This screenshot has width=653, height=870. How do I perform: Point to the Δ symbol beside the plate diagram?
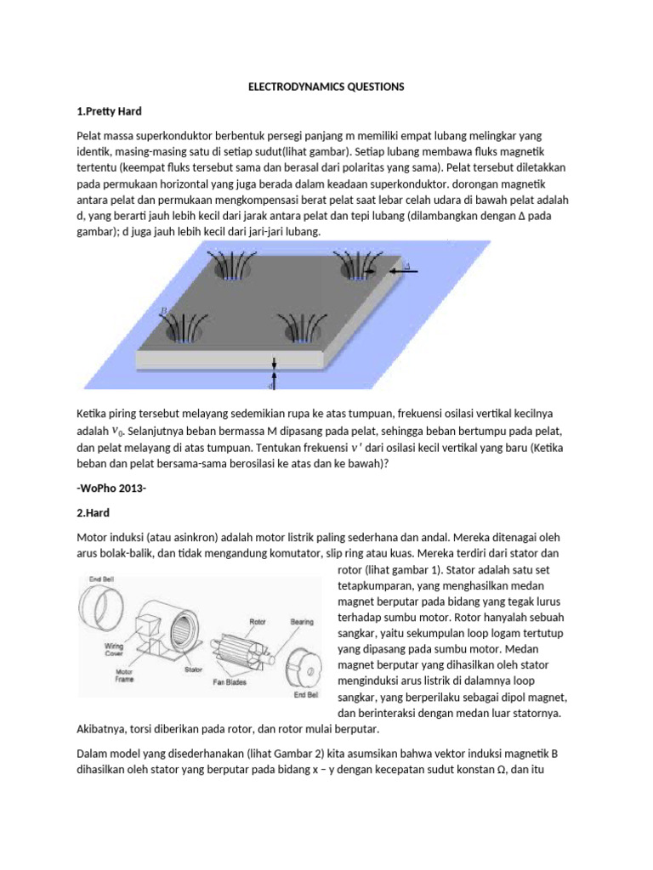coord(406,268)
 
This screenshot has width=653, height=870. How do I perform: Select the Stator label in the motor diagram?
coord(195,669)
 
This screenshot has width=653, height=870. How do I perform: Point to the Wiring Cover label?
coord(114,650)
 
